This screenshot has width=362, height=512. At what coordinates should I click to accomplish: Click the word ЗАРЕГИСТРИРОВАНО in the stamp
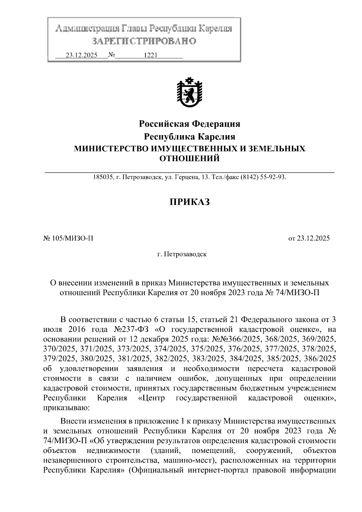coord(144,41)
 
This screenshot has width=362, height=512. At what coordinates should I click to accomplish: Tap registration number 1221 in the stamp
coord(151,55)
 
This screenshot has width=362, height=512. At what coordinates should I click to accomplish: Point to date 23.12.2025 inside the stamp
coord(81,55)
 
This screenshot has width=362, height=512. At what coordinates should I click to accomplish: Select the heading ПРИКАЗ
coord(189,202)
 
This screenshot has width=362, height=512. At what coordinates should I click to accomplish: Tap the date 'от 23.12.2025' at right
coord(309,238)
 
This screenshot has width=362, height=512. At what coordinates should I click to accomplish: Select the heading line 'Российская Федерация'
coord(189,124)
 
